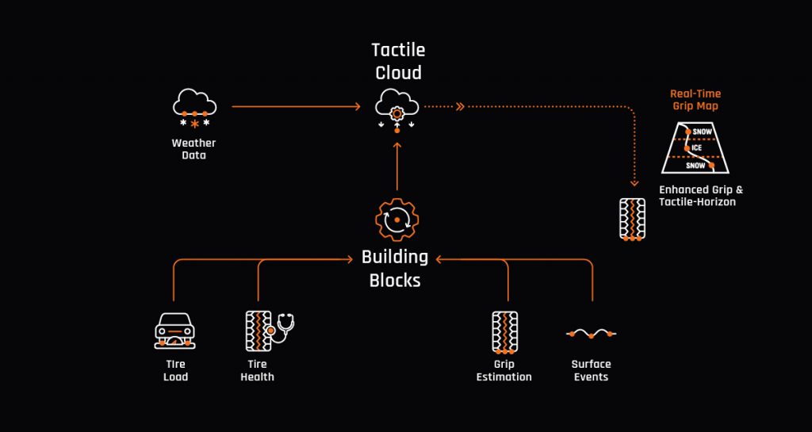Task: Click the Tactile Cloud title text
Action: (x=397, y=61)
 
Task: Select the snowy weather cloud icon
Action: (x=194, y=109)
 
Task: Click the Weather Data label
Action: (x=193, y=149)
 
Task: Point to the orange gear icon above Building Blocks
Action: (x=396, y=220)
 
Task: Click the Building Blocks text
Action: (x=395, y=269)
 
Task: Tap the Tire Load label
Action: (x=175, y=371)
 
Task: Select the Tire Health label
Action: (x=257, y=371)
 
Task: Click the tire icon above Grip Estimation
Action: (x=504, y=331)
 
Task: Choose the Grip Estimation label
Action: (x=504, y=371)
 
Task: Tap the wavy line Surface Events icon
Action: (x=591, y=334)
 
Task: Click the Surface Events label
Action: (x=591, y=371)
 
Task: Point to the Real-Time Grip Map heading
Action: (x=695, y=99)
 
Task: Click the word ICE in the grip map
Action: (x=696, y=148)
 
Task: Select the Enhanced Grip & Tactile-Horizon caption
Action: (x=700, y=196)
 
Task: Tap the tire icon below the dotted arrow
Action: (x=632, y=219)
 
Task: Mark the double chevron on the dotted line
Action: (x=459, y=105)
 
